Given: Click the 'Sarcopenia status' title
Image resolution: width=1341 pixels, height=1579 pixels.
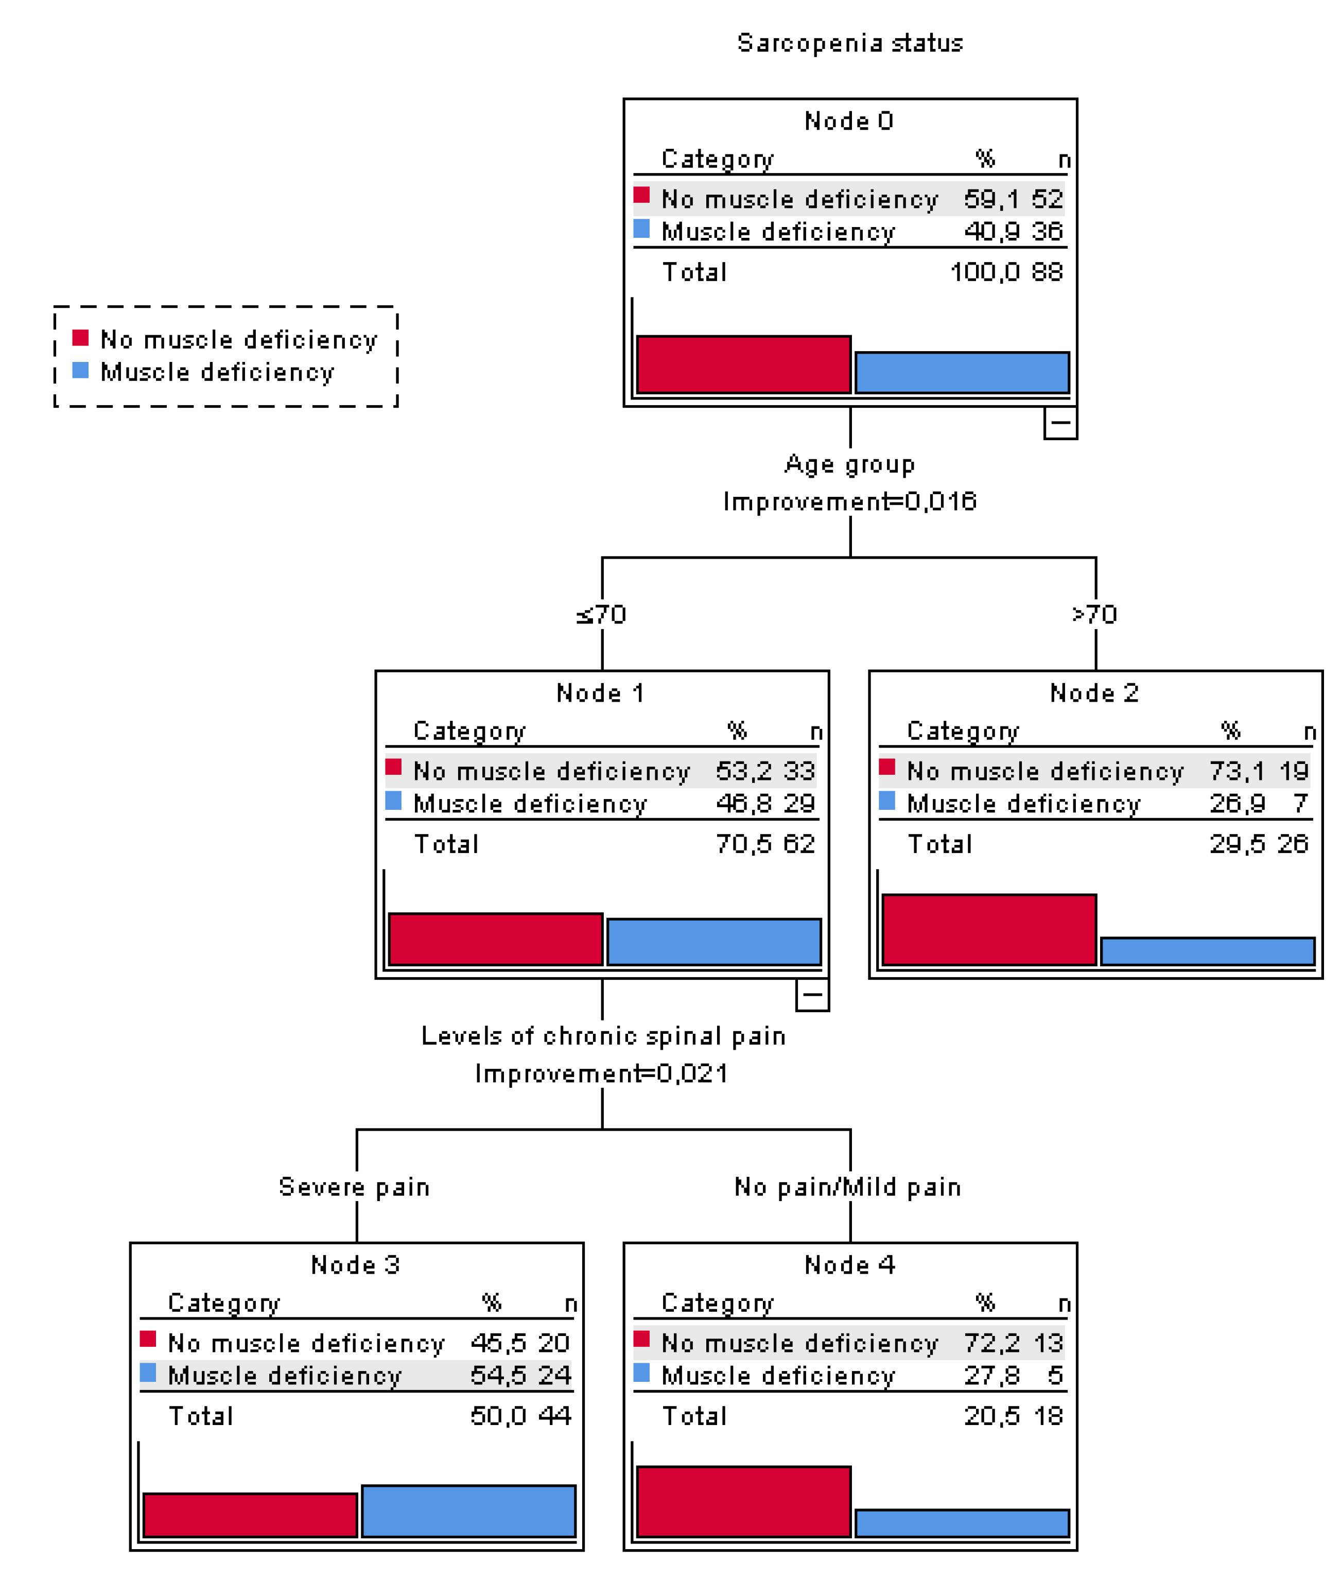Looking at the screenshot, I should point(849,43).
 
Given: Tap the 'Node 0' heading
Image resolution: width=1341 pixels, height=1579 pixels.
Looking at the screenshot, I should point(849,121).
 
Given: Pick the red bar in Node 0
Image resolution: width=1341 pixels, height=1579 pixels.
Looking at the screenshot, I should point(743,364).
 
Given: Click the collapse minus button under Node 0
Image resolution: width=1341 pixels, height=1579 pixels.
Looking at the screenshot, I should point(1060,423).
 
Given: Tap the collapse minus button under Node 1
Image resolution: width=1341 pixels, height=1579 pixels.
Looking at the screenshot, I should point(812,994).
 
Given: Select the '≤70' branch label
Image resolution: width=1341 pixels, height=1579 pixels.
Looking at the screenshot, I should point(601,614).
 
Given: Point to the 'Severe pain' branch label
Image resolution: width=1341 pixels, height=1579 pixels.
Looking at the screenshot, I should point(354,1187).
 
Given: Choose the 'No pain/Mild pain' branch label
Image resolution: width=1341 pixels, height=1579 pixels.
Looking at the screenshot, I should point(848,1187).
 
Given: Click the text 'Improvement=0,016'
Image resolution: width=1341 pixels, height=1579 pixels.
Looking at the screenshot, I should point(849,502).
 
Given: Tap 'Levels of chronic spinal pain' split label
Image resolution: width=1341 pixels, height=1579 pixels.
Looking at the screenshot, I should point(603,1036).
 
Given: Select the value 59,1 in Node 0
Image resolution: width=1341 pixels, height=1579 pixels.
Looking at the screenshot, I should point(990,199).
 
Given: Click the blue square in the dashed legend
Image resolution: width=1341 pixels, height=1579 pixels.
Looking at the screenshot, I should point(81,370).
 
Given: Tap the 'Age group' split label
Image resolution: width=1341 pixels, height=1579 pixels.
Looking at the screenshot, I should point(849,464).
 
